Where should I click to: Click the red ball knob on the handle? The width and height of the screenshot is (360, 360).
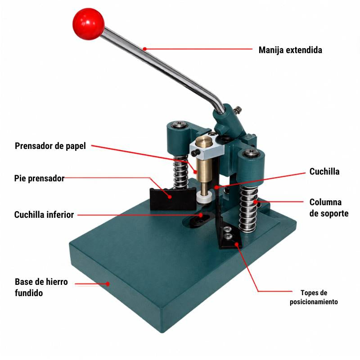click(88, 24)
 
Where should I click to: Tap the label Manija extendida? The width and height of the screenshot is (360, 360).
click(290, 50)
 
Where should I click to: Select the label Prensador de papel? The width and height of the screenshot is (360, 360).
click(50, 146)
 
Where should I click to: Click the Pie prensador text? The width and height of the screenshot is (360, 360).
click(39, 178)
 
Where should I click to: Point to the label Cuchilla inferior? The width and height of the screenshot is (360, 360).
click(44, 215)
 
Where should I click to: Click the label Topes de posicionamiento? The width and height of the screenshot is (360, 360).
click(314, 297)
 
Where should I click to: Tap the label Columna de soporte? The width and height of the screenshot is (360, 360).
click(329, 208)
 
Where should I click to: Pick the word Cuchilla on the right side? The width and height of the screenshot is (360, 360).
click(324, 171)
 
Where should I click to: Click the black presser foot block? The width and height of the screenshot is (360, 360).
click(173, 199)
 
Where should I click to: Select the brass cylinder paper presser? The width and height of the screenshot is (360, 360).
click(204, 163)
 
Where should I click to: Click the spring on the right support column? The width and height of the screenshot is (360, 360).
click(248, 208)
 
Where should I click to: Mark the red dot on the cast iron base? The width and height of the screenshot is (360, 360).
click(108, 284)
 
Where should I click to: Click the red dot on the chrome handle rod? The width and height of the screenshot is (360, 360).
click(144, 49)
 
